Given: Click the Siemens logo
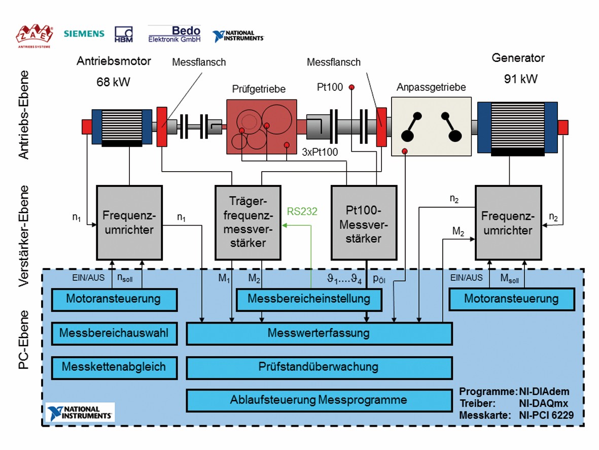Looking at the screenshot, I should [84, 34].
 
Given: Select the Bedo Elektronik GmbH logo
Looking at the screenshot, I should [174, 34].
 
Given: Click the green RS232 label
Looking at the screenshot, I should [302, 211].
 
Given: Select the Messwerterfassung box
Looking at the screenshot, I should [319, 334].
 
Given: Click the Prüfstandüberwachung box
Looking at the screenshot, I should [319, 367].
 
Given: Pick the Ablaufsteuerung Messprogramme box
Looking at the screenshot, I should [319, 400].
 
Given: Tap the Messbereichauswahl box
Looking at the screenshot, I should [114, 334].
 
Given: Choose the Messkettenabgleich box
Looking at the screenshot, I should [114, 367].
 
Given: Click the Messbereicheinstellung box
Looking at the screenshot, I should [309, 299].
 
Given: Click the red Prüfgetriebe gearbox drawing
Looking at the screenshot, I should [261, 126].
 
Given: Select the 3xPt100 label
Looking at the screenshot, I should [319, 152].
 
